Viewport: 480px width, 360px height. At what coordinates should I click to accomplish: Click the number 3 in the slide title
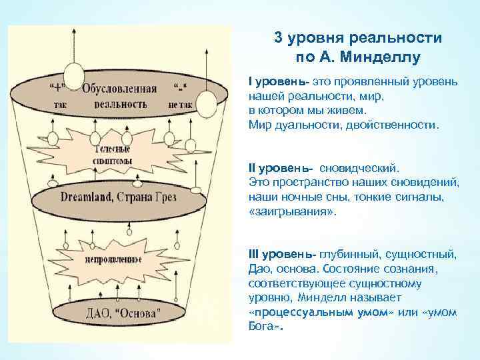click(x=278, y=38)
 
